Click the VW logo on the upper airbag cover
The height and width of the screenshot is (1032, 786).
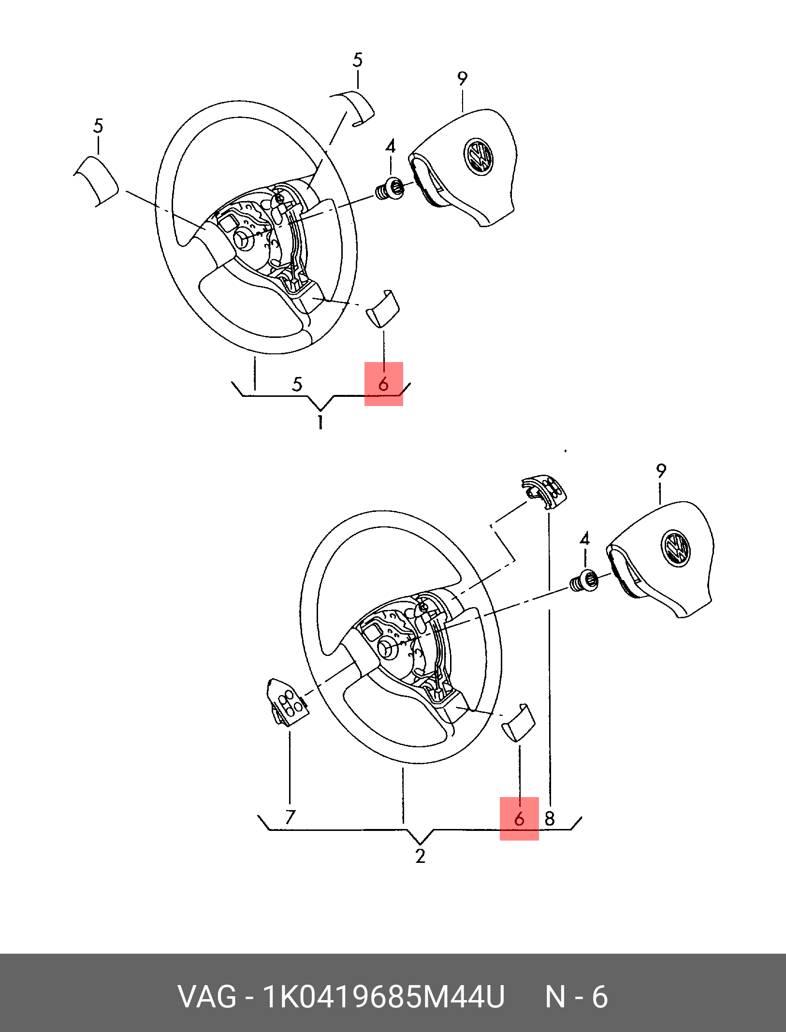pos(479,157)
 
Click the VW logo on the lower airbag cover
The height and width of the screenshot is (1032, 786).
pos(676,548)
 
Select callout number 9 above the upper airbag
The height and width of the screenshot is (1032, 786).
pos(463,78)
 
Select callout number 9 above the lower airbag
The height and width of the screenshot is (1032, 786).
pos(661,470)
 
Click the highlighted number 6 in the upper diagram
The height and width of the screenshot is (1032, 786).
pos(383,384)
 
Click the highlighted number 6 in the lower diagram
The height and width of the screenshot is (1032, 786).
pos(519,818)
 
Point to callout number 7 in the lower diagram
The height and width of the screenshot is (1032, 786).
pos(290,816)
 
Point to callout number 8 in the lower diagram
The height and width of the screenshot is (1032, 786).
pos(550,818)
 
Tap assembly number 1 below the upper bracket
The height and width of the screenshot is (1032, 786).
pos(320,422)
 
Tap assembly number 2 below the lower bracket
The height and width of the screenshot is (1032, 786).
pos(420,856)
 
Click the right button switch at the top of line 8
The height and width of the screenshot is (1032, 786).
pos(544,492)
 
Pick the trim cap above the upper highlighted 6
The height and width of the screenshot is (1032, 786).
pos(382,308)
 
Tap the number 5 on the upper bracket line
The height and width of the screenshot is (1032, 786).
pos(297,384)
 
